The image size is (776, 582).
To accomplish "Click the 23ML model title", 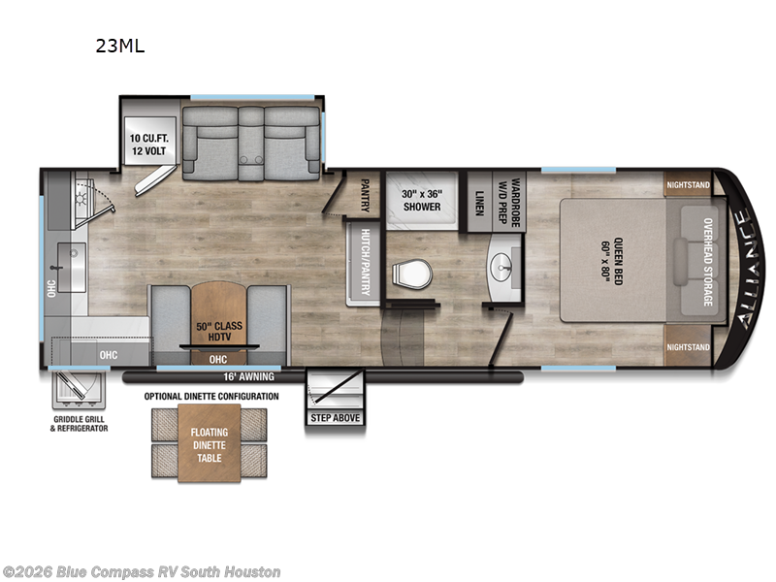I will point(119,45).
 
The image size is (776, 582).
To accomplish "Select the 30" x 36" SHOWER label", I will point(421,199).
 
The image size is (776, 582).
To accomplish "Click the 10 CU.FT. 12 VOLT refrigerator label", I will point(148,145).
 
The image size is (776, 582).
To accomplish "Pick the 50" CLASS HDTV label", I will point(216,332).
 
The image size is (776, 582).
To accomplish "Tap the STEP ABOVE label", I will point(334,418).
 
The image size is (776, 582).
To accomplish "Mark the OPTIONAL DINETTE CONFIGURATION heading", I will point(210,397).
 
